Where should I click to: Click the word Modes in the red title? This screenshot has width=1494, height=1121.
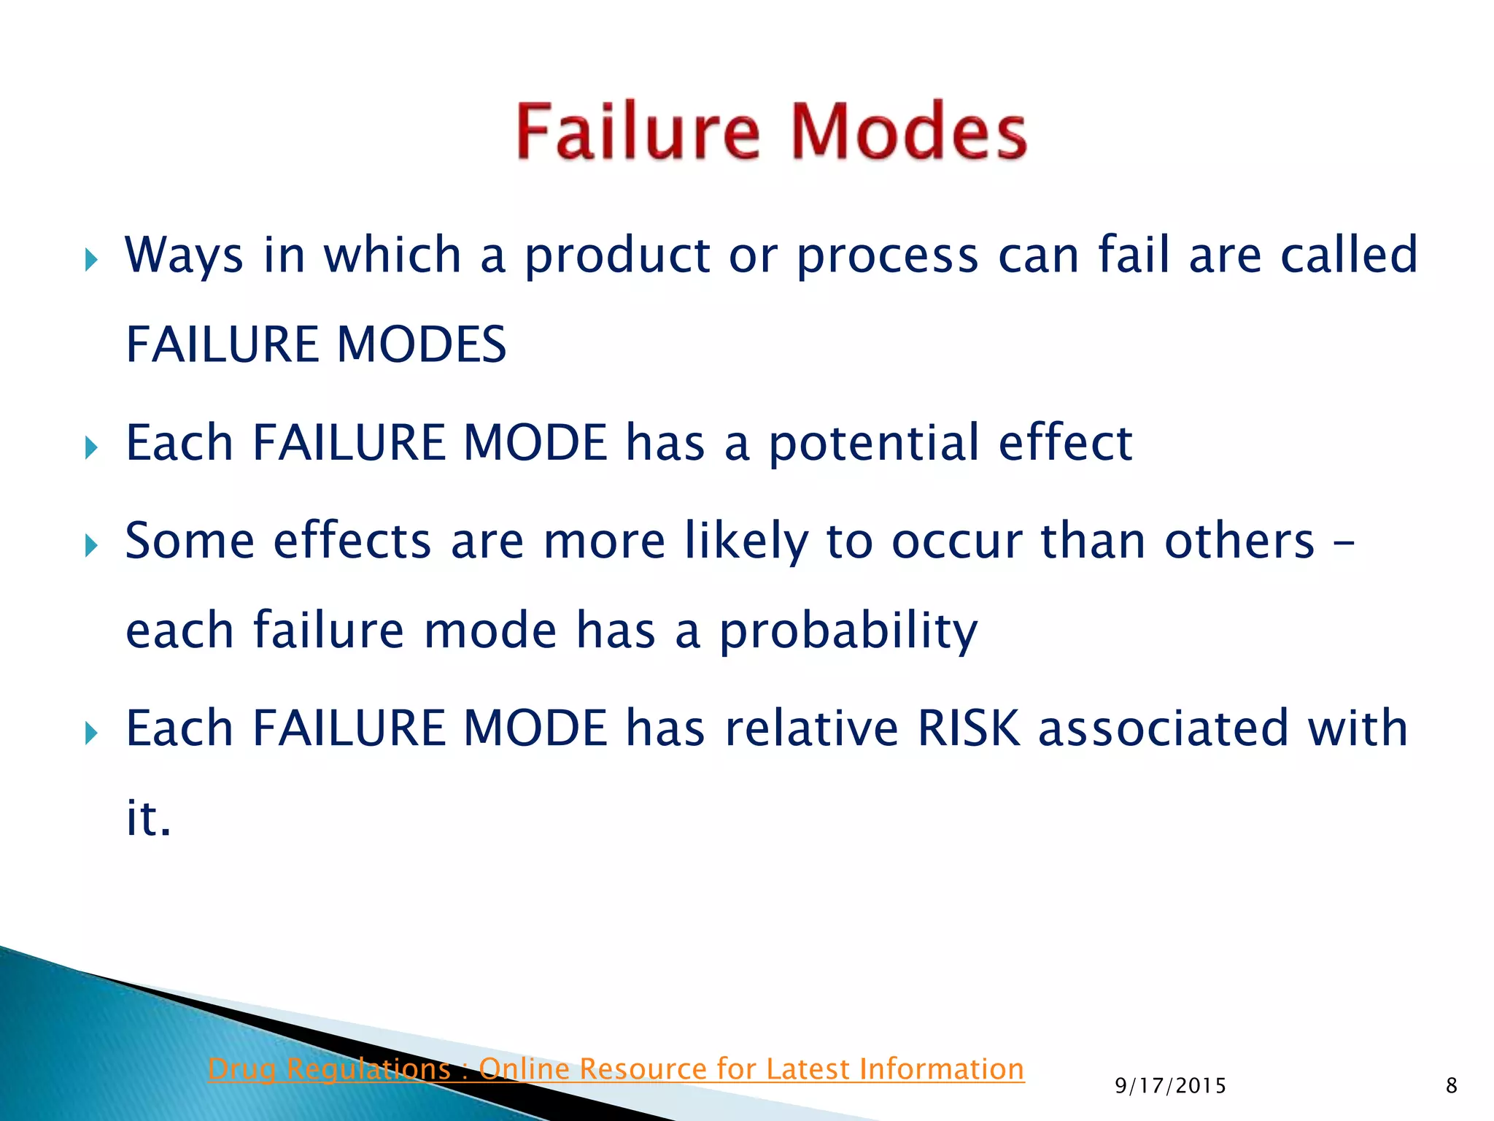tap(909, 131)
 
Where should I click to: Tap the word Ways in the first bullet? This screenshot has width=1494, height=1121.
tap(184, 255)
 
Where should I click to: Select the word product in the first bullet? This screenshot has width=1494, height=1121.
tap(617, 257)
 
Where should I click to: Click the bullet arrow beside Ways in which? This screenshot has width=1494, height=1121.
tap(91, 259)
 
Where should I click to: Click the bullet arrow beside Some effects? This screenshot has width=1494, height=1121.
tap(91, 544)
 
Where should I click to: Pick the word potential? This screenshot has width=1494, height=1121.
tap(874, 444)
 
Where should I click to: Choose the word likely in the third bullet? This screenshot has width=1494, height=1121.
tap(746, 542)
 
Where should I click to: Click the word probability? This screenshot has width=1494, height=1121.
tap(848, 631)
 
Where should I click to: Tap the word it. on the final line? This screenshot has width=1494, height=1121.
tap(148, 817)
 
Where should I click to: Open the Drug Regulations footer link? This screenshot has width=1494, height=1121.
tap(616, 1069)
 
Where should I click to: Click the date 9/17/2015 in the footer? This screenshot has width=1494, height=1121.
tap(1170, 1086)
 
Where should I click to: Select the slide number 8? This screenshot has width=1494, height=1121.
tap(1451, 1086)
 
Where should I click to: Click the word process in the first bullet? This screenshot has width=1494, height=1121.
tap(887, 257)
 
